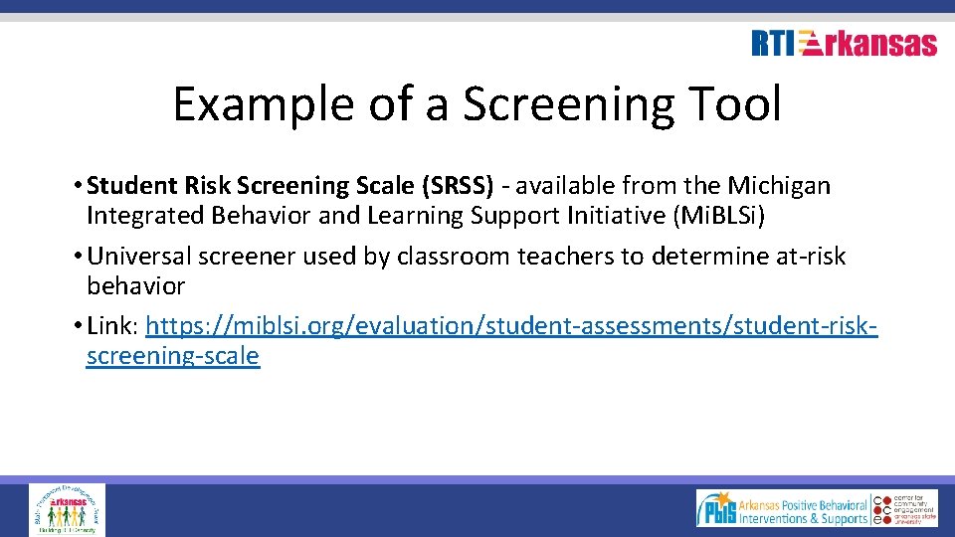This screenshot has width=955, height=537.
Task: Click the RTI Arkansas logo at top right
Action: coord(844,44)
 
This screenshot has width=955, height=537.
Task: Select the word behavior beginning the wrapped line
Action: coord(135,286)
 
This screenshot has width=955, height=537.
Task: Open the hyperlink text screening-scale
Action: coord(173,356)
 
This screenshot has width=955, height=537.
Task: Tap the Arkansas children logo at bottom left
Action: coord(68,509)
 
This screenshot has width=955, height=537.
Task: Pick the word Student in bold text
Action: coord(131,186)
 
